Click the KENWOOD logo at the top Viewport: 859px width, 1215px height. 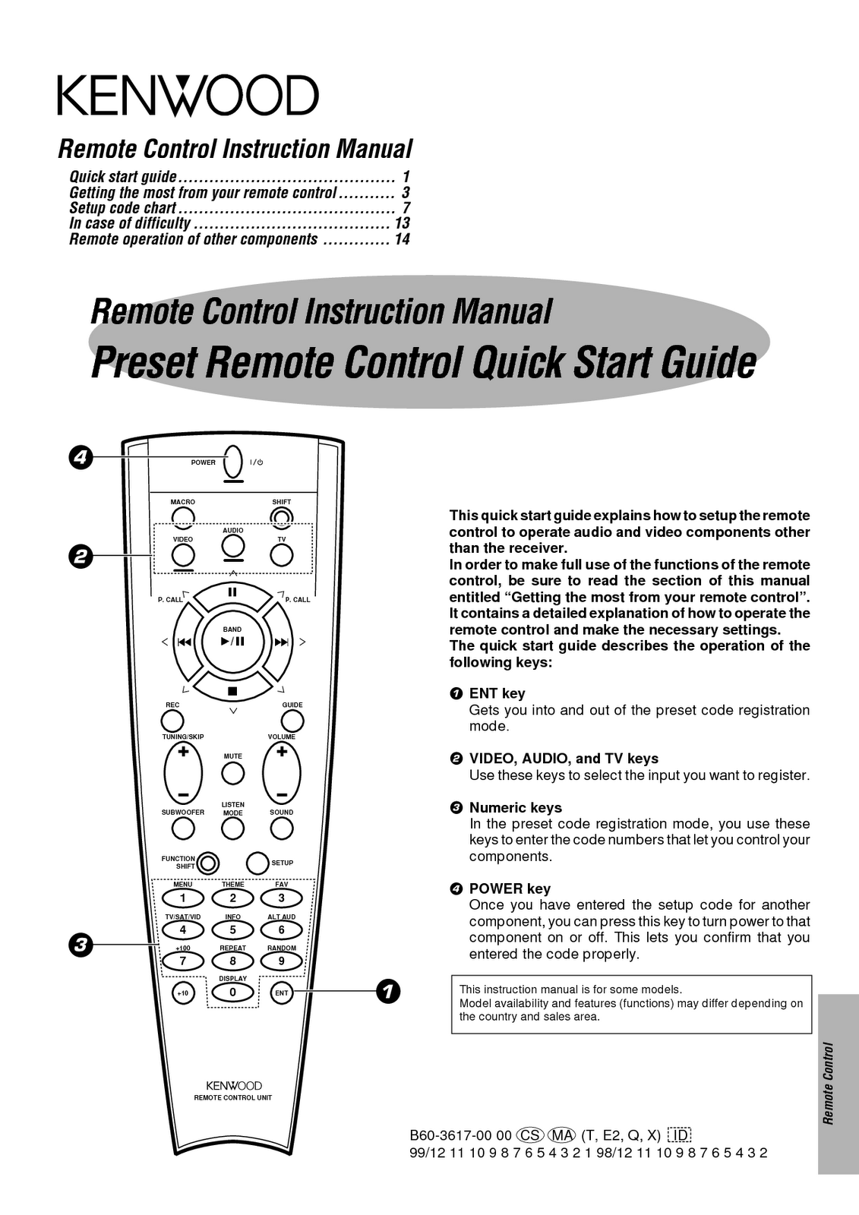pyautogui.click(x=187, y=96)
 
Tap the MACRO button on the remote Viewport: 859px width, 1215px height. pyautogui.click(x=183, y=516)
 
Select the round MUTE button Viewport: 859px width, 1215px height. pyautogui.click(x=232, y=774)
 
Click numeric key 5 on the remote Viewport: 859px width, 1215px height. pyautogui.click(x=232, y=929)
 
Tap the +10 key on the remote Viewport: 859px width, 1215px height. pyautogui.click(x=183, y=993)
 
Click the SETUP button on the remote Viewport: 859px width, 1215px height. pyautogui.click(x=258, y=863)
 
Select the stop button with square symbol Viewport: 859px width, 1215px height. pyautogui.click(x=232, y=691)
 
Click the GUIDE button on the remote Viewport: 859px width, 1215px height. pyautogui.click(x=292, y=721)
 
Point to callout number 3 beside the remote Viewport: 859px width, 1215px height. pyautogui.click(x=79, y=945)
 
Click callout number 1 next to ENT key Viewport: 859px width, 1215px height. pyautogui.click(x=387, y=992)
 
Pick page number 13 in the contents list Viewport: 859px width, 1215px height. pyautogui.click(x=402, y=223)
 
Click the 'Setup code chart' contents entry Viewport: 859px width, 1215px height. pyautogui.click(x=123, y=208)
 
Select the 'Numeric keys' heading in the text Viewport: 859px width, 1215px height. pyautogui.click(x=515, y=807)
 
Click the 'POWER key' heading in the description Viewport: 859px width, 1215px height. pyautogui.click(x=510, y=888)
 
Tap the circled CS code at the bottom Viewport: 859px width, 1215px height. pyautogui.click(x=529, y=1135)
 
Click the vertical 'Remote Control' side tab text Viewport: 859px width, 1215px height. pyautogui.click(x=829, y=1083)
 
